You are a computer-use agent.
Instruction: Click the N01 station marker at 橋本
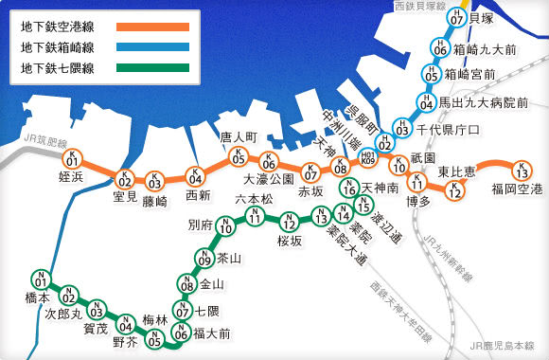pos(41,280)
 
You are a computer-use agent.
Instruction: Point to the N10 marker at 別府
pos(225,226)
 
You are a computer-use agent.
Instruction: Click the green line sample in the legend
pos(152,68)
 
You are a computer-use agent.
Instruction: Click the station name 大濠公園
pos(269,179)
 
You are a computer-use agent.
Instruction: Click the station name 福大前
pos(212,333)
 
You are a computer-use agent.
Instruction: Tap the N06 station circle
pos(180,332)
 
